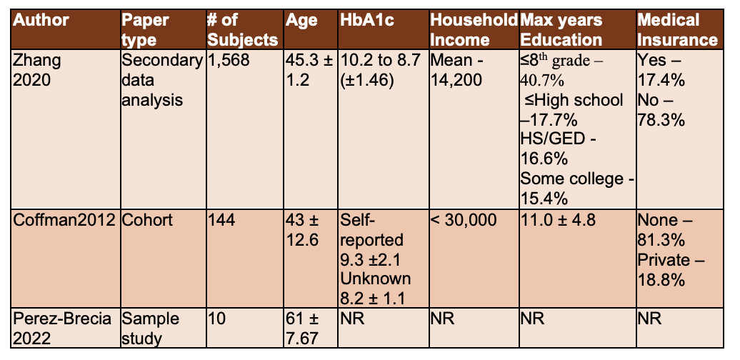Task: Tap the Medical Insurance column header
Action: pos(677,29)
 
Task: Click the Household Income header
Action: pos(473,29)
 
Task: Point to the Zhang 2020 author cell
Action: pos(38,70)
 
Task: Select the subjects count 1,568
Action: pos(229,61)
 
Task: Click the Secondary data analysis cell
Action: pos(161,80)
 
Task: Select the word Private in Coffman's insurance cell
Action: pos(664,259)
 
